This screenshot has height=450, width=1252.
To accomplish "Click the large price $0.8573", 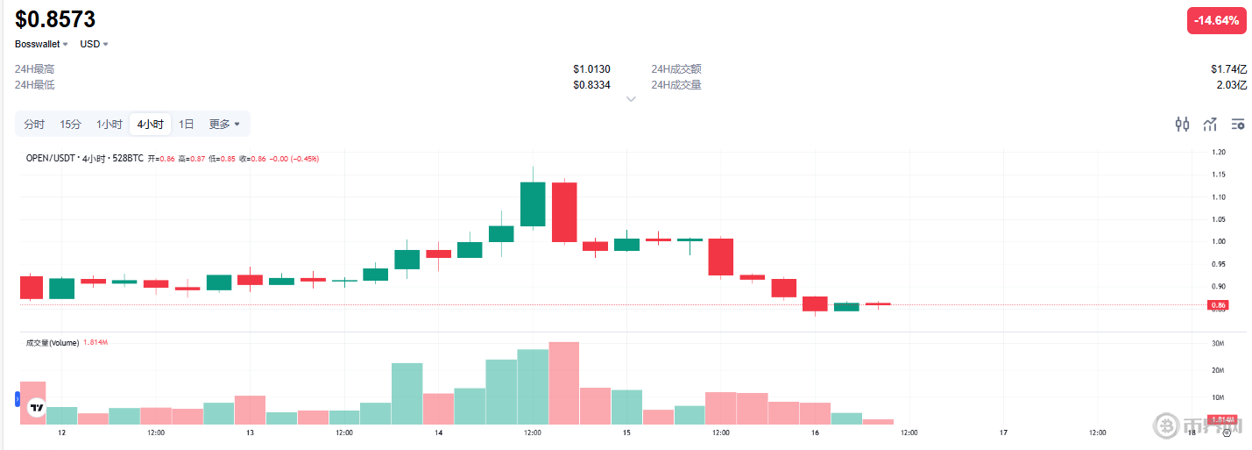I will point(55,19).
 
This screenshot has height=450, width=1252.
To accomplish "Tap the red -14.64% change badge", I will point(1216,21).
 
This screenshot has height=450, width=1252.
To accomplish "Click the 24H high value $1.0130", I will point(591,69).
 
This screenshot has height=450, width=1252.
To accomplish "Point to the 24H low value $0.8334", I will point(591,85).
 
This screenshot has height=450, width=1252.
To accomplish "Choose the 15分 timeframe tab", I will point(70,125).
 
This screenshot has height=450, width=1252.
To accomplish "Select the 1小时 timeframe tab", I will point(110,125).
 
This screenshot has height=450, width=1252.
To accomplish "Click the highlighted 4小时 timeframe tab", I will point(150,125).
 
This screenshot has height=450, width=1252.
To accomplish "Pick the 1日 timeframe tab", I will point(187,125).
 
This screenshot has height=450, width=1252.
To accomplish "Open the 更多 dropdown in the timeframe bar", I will point(224,125).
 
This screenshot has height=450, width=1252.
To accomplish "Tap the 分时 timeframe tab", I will point(34,125).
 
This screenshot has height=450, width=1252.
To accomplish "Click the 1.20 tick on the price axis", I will point(1218,153).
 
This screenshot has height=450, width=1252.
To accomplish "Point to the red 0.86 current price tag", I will point(1218,305).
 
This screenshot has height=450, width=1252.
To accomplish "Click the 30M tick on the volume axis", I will point(1218,343).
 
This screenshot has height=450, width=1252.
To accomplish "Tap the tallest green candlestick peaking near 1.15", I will point(533,204).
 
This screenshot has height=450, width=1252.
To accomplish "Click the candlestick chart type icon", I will point(1182,125).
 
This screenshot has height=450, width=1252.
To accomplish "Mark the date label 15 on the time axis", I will point(626,433).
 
